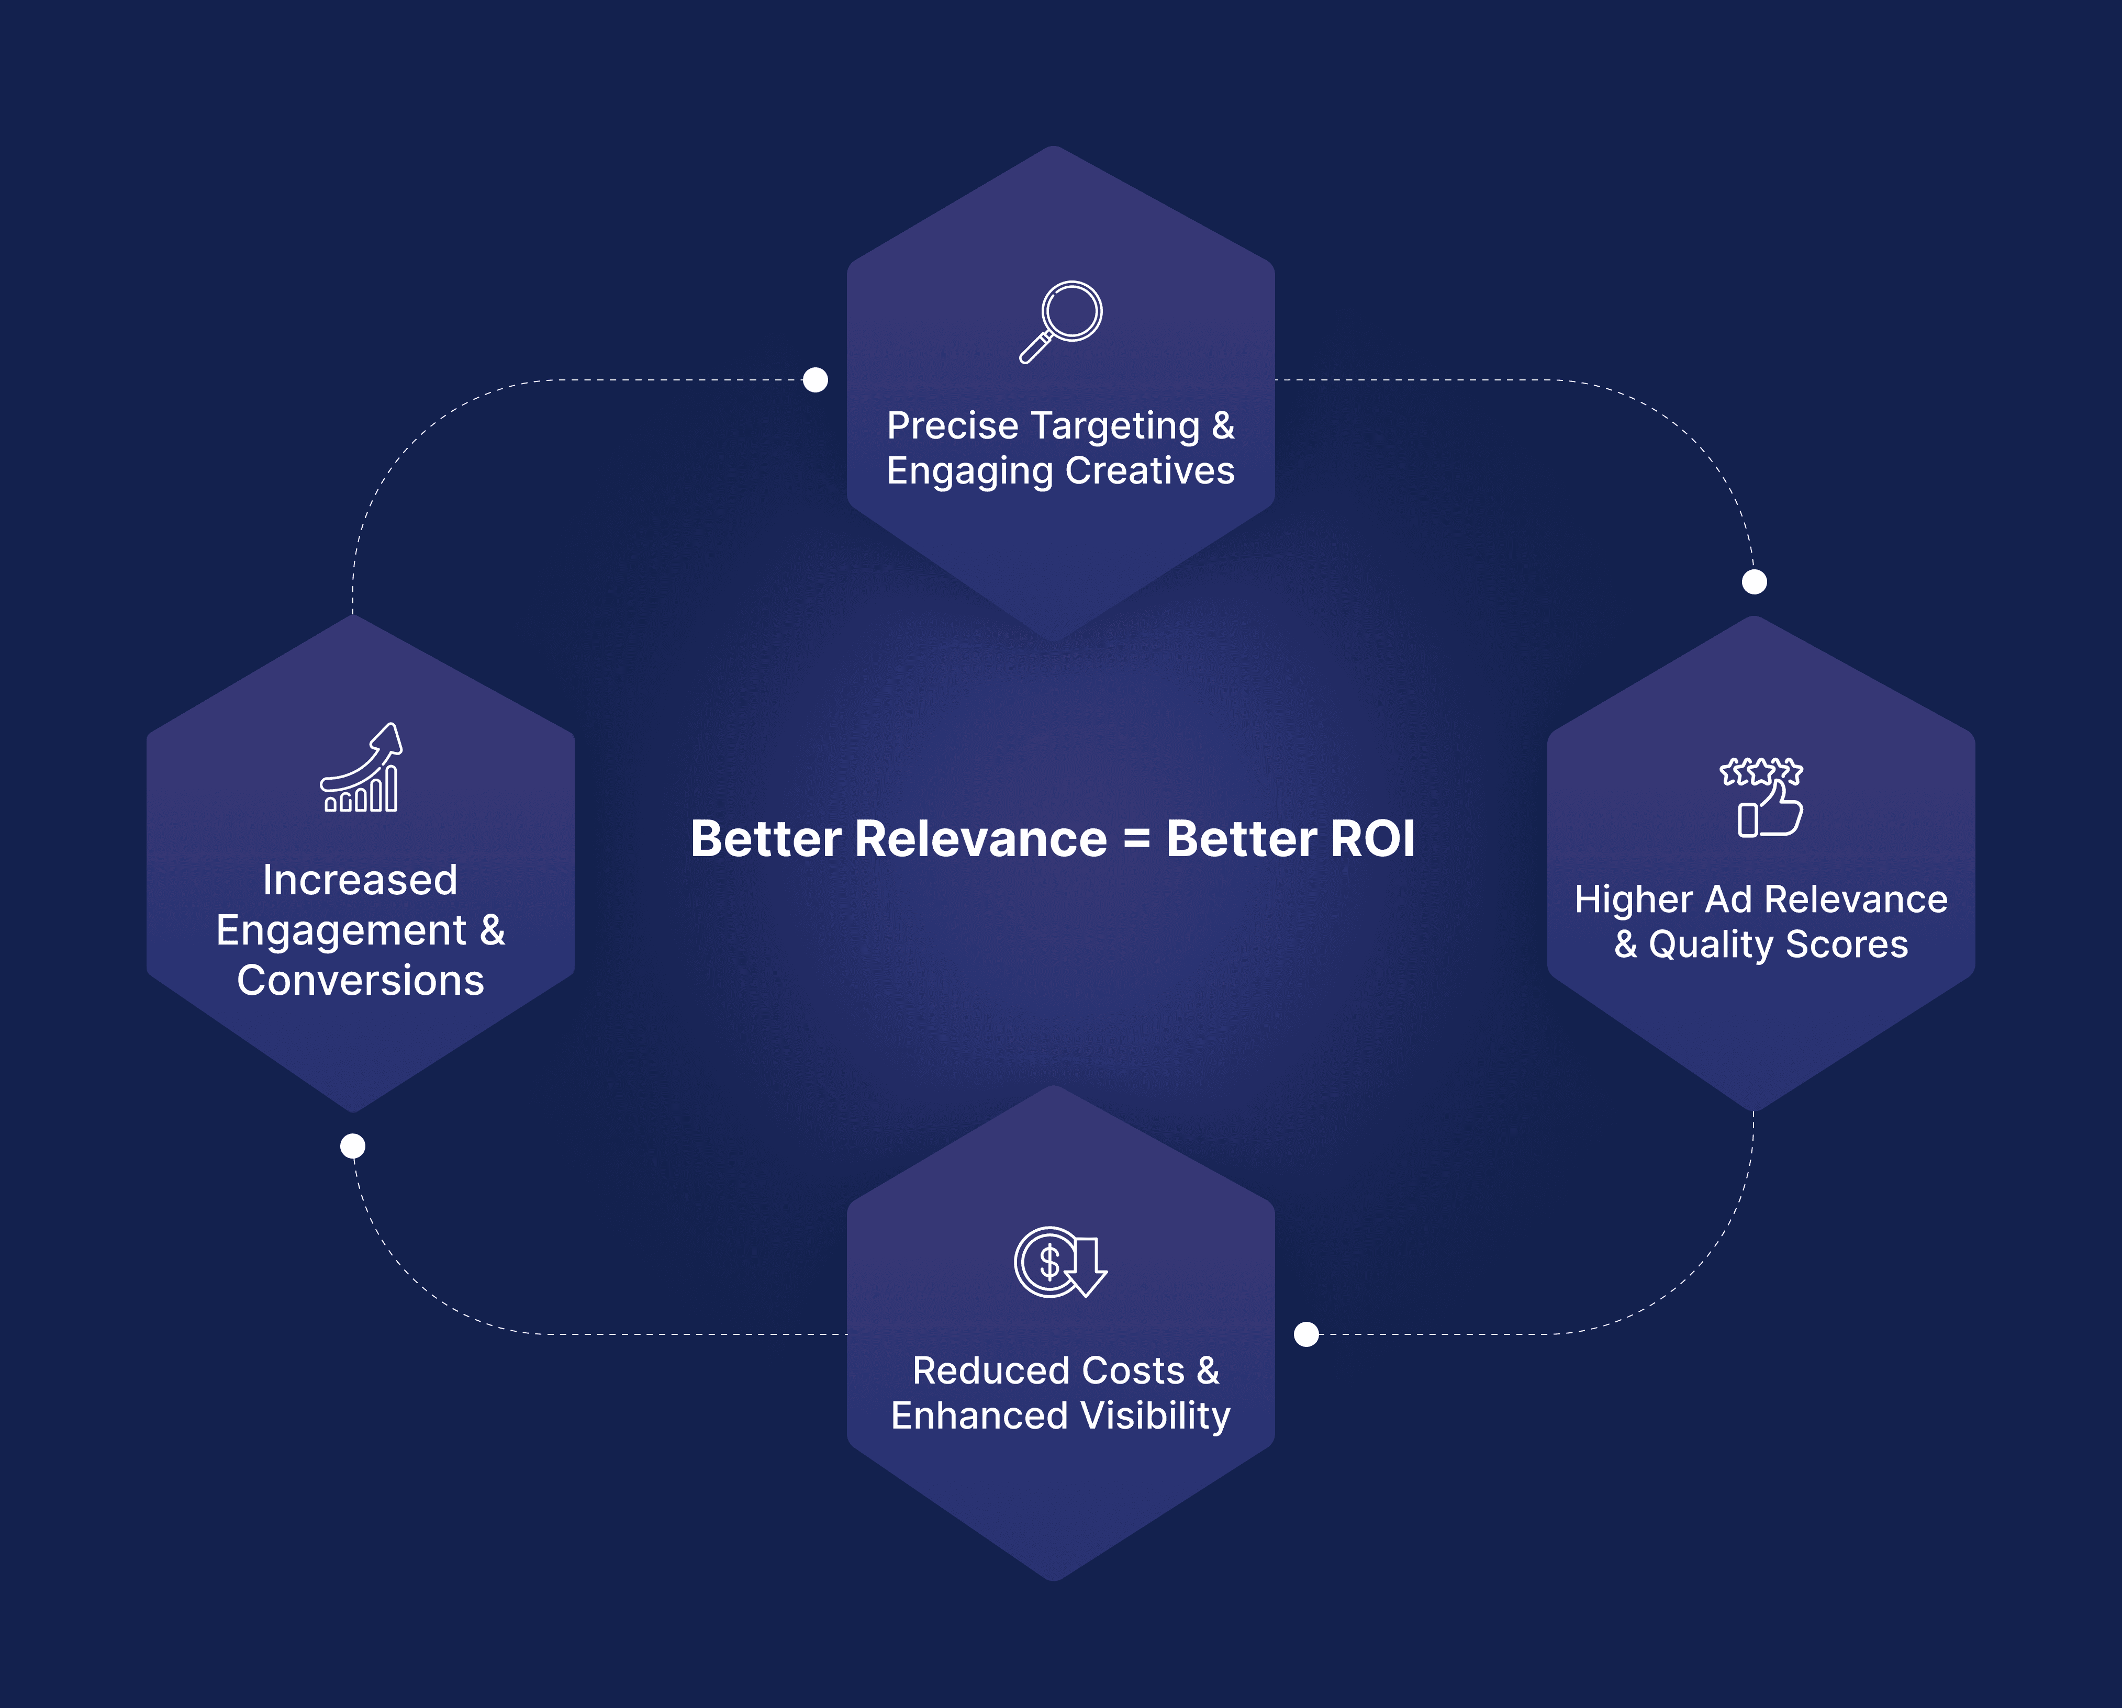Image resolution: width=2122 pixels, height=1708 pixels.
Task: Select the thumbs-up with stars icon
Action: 1761,797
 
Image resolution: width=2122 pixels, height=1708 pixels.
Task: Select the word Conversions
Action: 360,981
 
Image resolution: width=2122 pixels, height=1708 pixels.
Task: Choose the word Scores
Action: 1847,945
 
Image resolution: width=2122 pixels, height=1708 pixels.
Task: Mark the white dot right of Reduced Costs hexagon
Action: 1306,1334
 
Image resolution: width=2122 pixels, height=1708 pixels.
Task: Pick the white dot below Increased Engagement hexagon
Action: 352,1146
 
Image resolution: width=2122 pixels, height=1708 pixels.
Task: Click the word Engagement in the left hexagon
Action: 341,931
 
